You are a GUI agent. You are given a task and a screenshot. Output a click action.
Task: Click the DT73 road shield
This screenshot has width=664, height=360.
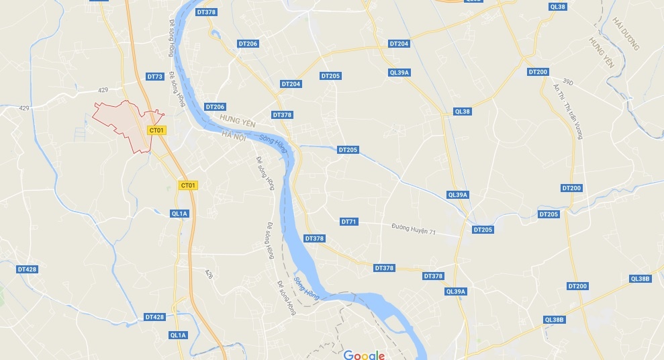[x=155, y=77]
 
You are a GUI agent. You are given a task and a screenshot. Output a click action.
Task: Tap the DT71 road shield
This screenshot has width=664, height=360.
[x=349, y=222]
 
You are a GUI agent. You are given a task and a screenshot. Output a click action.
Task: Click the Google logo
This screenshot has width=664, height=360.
[x=365, y=355]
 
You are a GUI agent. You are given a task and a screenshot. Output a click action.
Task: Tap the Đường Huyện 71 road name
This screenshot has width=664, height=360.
[x=414, y=230]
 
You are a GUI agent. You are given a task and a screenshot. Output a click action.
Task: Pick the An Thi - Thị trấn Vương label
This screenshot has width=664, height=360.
[x=567, y=111]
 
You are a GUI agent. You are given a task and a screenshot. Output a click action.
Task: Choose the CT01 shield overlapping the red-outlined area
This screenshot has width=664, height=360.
[x=156, y=130]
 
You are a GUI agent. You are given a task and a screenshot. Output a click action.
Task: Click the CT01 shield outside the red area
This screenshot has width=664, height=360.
[x=189, y=185]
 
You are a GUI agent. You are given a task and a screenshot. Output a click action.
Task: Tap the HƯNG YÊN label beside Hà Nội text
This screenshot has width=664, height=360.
[x=238, y=121]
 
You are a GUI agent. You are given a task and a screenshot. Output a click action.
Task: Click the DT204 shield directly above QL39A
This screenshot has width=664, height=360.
[x=399, y=44]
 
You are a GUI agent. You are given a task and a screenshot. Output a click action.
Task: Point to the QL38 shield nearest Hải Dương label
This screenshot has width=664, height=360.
[x=557, y=6]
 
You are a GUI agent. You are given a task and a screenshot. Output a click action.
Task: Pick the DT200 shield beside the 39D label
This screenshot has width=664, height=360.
[x=538, y=72]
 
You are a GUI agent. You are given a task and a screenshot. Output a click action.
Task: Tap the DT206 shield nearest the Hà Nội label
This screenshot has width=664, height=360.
[x=216, y=107]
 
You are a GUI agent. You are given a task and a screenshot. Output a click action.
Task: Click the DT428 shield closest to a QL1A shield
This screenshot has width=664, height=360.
[x=154, y=316]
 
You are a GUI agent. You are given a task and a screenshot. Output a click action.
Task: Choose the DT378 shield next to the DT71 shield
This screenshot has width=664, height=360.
[x=314, y=238]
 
